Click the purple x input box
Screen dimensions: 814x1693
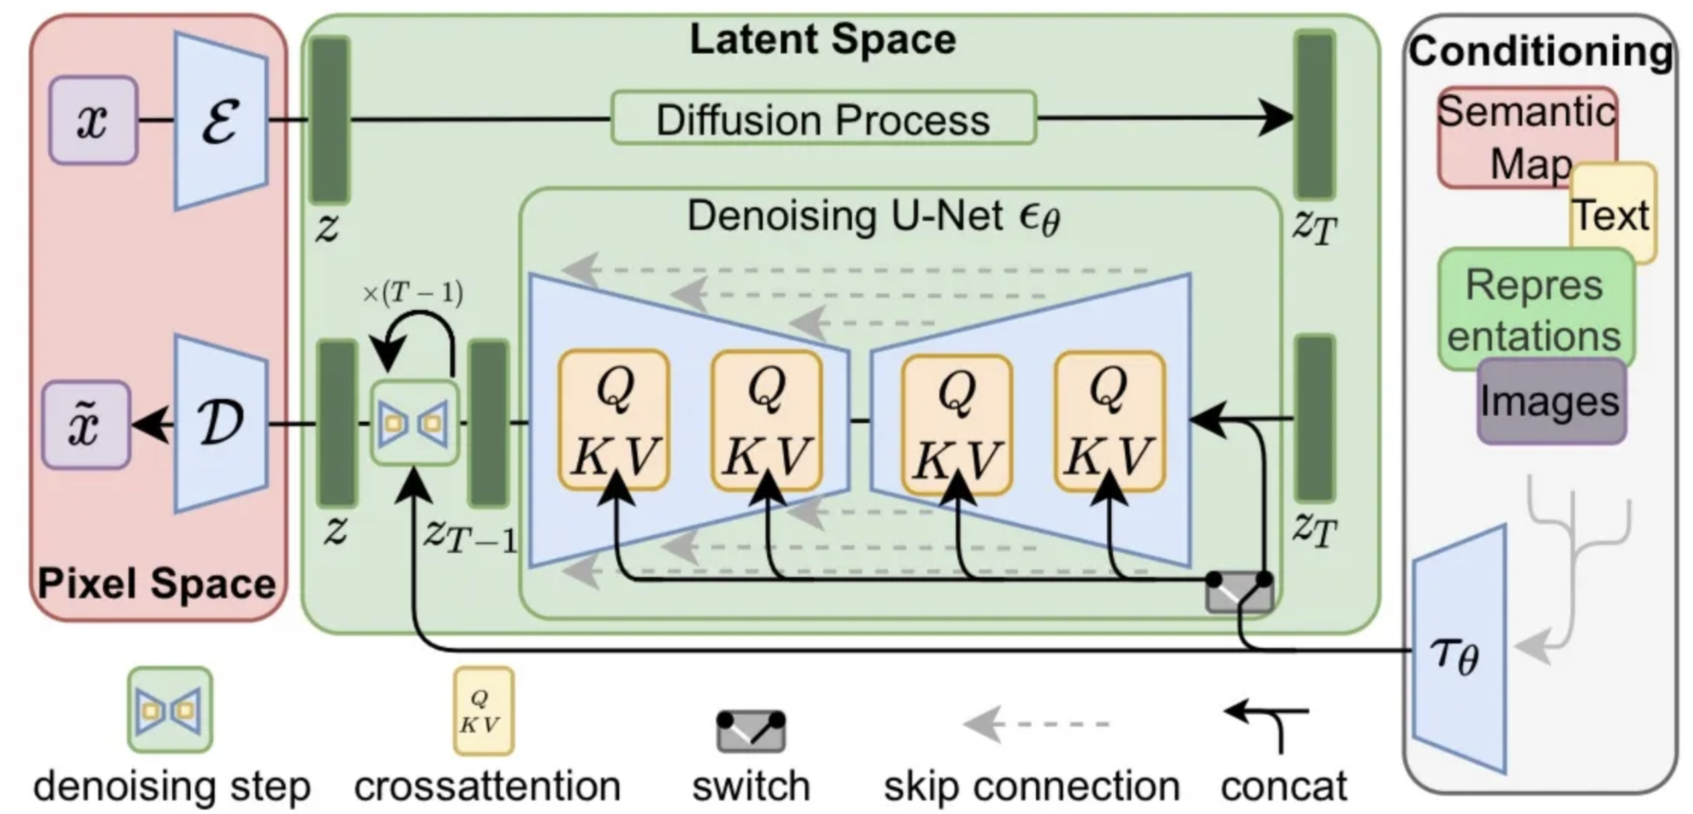point(93,120)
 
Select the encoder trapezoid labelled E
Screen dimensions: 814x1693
point(221,120)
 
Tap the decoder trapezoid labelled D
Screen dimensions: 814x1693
point(221,423)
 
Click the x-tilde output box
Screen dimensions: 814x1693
point(86,425)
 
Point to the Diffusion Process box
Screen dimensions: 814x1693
point(823,118)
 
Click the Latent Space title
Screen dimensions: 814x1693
point(822,40)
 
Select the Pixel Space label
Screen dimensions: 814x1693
point(157,584)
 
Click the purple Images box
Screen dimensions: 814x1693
point(1551,402)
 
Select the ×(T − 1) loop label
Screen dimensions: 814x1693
point(412,294)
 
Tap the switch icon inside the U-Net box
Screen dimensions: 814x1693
point(1239,592)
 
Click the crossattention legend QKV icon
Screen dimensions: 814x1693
point(483,710)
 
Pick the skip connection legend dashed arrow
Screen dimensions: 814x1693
point(1036,723)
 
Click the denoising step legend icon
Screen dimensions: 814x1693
point(169,709)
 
